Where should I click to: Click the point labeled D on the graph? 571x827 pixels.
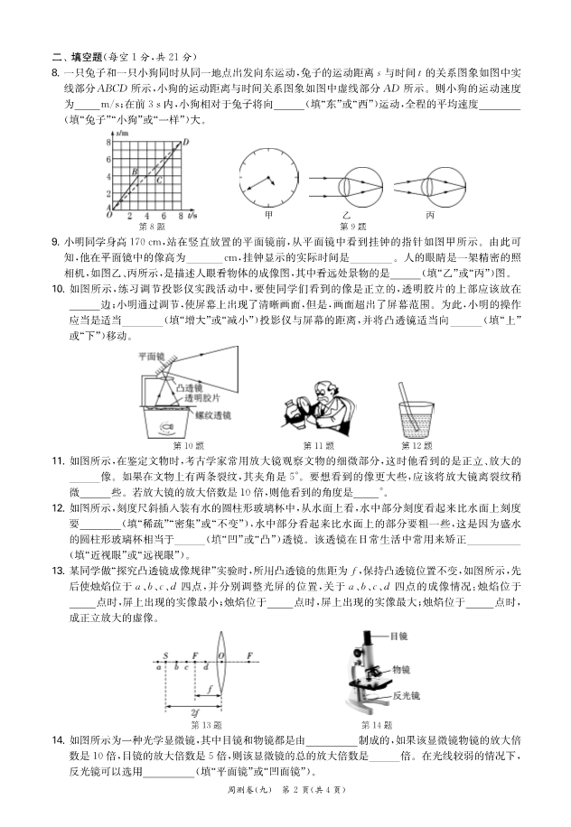point(184,141)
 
